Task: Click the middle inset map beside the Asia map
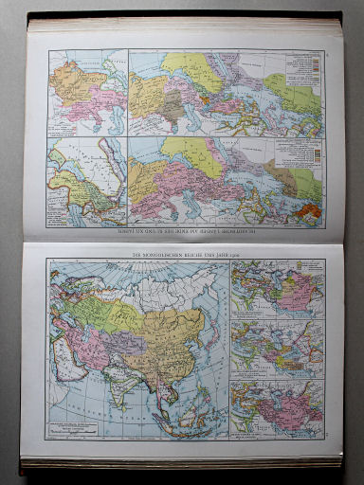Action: [x=264, y=349]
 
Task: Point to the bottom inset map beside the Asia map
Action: [x=264, y=408]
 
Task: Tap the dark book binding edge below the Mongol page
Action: [x=180, y=463]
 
